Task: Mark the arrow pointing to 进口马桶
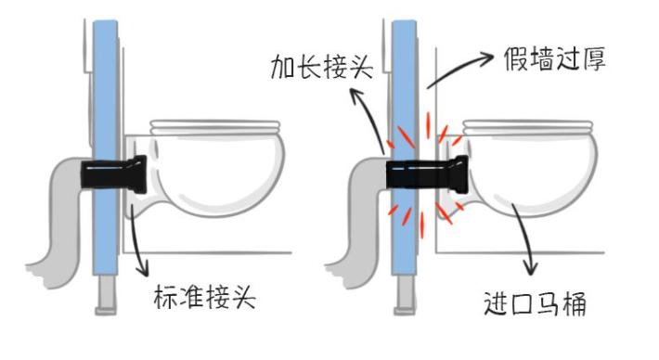[524, 237]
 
